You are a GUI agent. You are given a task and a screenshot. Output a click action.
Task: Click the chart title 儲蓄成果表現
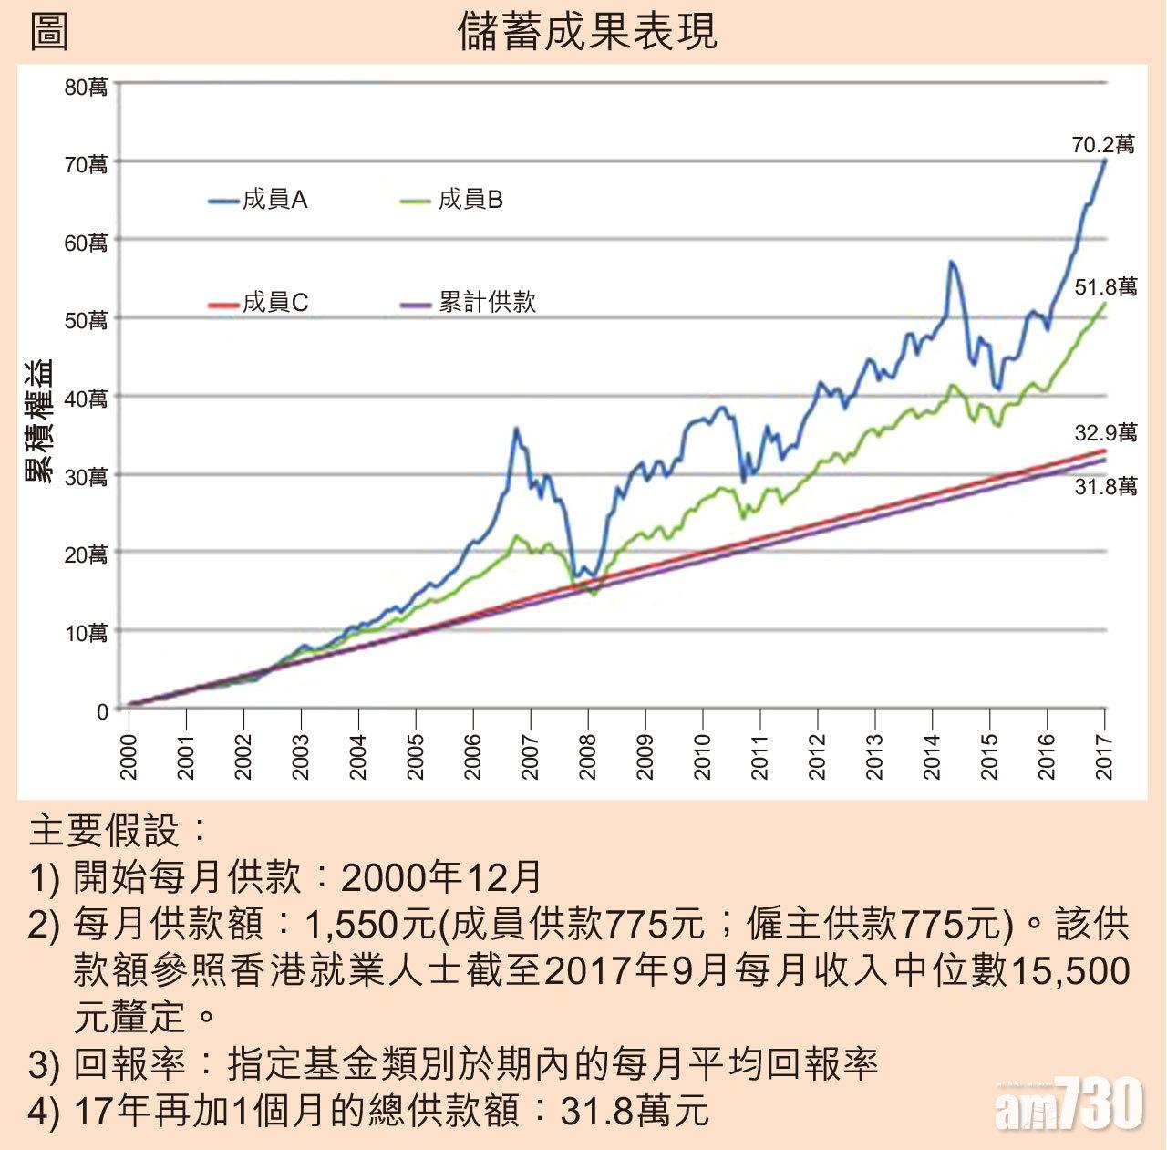click(x=588, y=31)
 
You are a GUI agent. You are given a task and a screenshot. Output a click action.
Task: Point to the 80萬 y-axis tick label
click(x=87, y=87)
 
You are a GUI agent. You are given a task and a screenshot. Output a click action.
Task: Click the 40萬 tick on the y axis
click(x=87, y=399)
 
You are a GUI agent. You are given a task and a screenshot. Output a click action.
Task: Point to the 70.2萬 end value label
click(x=1103, y=145)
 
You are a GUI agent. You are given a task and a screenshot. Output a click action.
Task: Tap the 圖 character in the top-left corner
click(x=49, y=31)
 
